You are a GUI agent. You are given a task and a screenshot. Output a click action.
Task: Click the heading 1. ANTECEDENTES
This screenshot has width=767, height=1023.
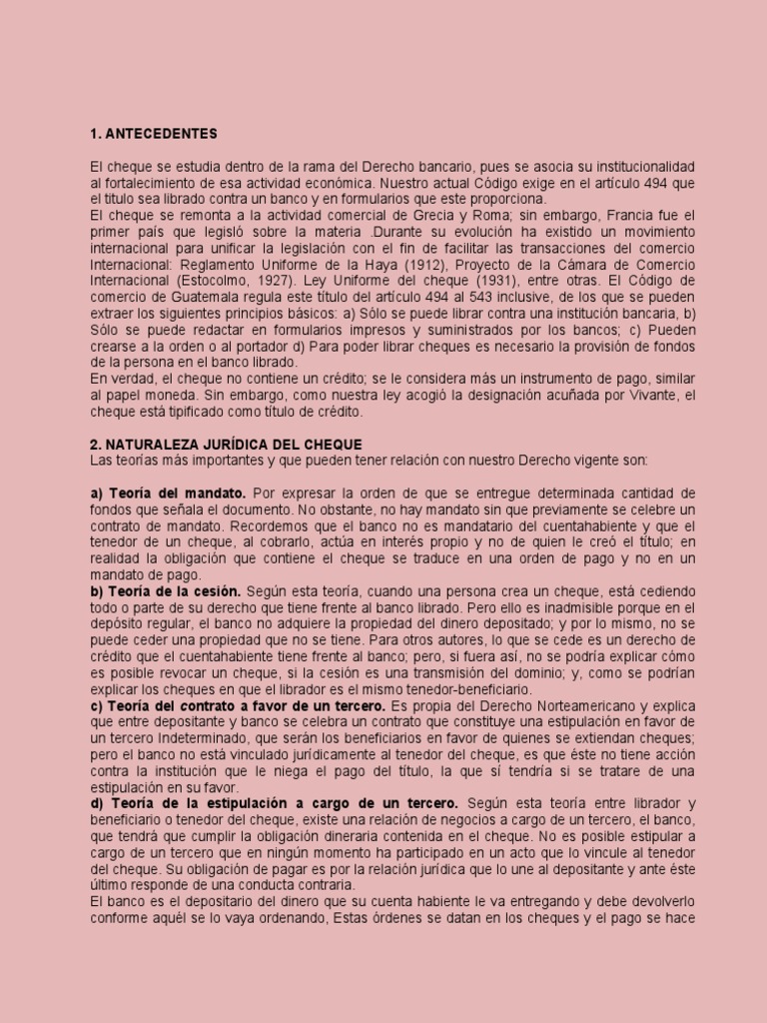(153, 134)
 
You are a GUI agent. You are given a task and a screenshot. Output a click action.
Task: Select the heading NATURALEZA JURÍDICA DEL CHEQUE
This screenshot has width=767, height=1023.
(226, 444)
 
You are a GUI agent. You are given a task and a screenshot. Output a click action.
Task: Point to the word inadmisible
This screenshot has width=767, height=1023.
(560, 606)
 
